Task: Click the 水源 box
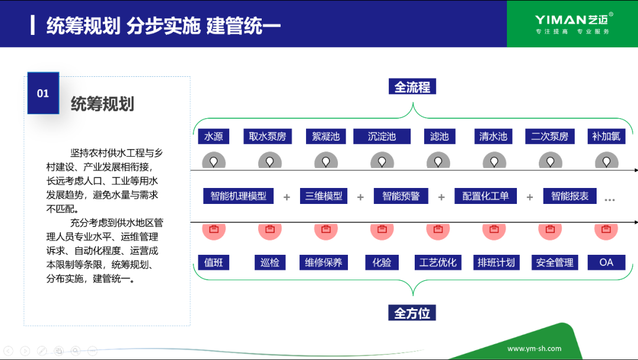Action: click(x=213, y=137)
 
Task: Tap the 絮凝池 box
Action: click(x=326, y=137)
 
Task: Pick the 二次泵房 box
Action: click(x=549, y=137)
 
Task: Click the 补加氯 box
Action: click(x=606, y=137)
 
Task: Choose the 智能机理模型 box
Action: click(x=239, y=196)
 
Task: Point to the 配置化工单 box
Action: click(x=486, y=196)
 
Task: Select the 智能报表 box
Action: click(x=570, y=196)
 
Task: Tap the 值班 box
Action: click(x=213, y=262)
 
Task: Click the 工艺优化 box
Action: click(x=438, y=262)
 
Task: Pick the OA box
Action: click(x=606, y=262)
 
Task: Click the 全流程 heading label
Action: click(x=412, y=87)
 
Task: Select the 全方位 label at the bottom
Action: click(x=412, y=313)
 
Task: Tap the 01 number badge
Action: click(x=43, y=93)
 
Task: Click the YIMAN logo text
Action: click(x=560, y=20)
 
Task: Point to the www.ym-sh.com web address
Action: click(x=534, y=348)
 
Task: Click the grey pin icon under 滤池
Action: click(x=438, y=161)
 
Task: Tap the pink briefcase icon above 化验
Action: click(x=382, y=229)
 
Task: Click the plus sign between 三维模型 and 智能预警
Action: click(x=360, y=197)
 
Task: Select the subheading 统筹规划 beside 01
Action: click(x=102, y=104)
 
